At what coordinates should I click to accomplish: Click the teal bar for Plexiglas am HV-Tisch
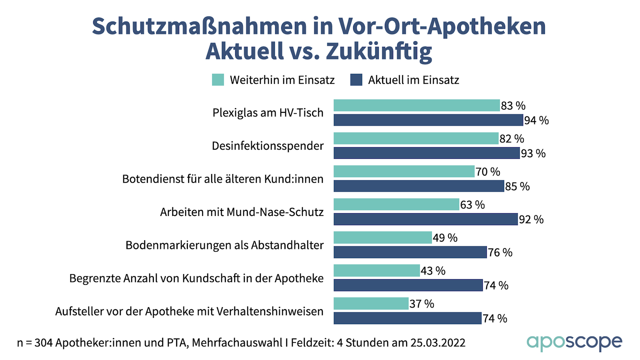tap(416, 106)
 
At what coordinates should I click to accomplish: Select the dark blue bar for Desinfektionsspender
tap(426, 153)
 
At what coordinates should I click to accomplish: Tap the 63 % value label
tap(472, 205)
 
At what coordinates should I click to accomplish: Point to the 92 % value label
tap(531, 220)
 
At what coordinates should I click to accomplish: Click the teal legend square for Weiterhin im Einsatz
tap(218, 80)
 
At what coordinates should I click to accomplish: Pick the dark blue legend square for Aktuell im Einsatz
tap(356, 80)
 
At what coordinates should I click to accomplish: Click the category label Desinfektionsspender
tap(268, 146)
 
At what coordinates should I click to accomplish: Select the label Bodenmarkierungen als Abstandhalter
tap(224, 245)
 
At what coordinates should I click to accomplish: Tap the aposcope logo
tap(574, 342)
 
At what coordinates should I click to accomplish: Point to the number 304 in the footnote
tap(43, 343)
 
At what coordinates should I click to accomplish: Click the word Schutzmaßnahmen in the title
tap(199, 26)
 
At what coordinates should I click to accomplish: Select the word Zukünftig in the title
tap(379, 52)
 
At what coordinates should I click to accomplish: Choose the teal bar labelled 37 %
tap(371, 304)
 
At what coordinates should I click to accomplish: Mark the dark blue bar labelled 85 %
tap(418, 186)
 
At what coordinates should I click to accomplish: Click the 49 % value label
tap(445, 238)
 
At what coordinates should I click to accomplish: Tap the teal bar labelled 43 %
tap(376, 271)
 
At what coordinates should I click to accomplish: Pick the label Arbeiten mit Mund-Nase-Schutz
tap(242, 212)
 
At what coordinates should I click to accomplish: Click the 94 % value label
tap(536, 120)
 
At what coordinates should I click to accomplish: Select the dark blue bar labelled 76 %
tap(410, 252)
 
